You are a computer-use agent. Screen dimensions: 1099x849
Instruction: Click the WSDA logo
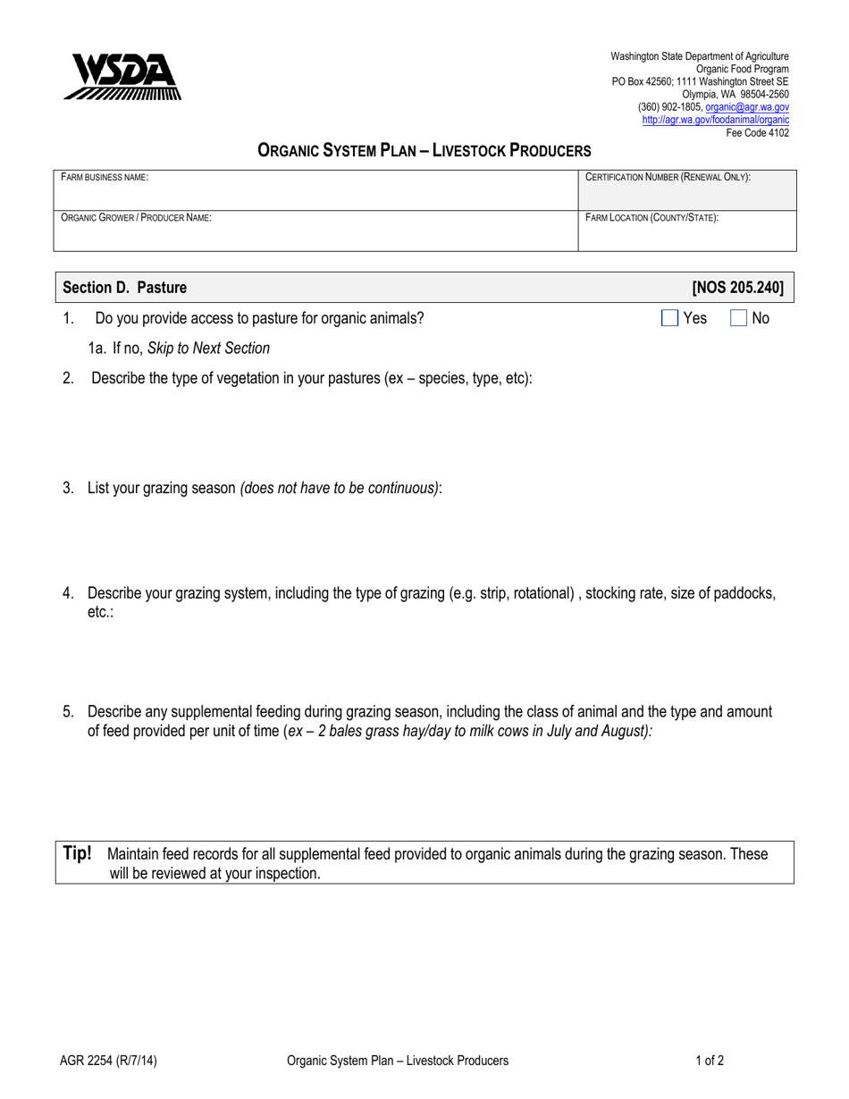coord(122,76)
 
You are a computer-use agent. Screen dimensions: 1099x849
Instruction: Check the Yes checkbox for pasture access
coord(669,317)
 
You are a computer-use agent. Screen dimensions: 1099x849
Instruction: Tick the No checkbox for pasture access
coord(739,317)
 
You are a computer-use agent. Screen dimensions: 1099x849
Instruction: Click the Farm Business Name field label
coord(104,178)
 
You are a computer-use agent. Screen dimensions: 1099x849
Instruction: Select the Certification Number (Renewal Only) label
coord(668,178)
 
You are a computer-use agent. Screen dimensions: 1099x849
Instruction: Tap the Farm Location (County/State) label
coord(652,217)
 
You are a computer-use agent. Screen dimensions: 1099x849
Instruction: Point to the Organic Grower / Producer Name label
coord(136,217)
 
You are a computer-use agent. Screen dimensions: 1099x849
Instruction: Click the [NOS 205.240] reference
coord(737,288)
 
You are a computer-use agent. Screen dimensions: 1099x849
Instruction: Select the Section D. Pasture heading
coord(125,288)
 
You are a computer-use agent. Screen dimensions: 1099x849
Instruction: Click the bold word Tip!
coord(77,853)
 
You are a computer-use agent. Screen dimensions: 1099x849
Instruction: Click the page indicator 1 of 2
coord(710,1061)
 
